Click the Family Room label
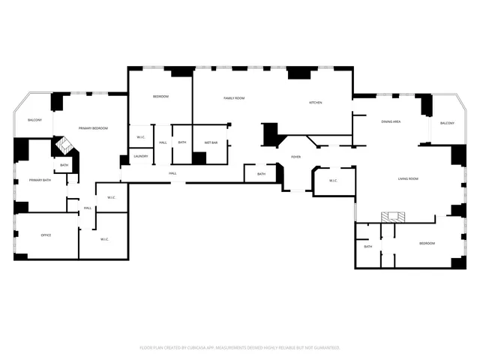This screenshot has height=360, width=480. pyautogui.click(x=234, y=98)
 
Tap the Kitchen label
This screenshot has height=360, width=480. pyautogui.click(x=316, y=103)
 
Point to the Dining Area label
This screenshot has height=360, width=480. pyautogui.click(x=391, y=121)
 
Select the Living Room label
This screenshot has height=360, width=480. pyautogui.click(x=408, y=178)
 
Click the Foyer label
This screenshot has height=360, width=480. pyautogui.click(x=296, y=156)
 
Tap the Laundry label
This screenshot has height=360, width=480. pyautogui.click(x=140, y=157)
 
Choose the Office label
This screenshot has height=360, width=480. pyautogui.click(x=46, y=235)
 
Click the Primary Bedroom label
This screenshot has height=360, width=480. pyautogui.click(x=94, y=129)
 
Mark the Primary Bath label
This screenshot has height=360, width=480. pyautogui.click(x=40, y=180)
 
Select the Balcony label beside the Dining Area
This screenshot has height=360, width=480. pyautogui.click(x=447, y=123)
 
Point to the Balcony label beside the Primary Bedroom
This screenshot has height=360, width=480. pyautogui.click(x=34, y=120)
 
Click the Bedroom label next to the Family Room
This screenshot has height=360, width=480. pyautogui.click(x=160, y=97)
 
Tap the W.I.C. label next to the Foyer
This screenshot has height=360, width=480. pyautogui.click(x=333, y=180)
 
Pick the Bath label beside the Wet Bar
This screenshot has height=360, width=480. pyautogui.click(x=182, y=142)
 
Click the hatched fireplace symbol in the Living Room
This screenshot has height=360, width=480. pyautogui.click(x=390, y=216)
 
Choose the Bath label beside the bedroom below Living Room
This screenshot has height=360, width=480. pyautogui.click(x=368, y=247)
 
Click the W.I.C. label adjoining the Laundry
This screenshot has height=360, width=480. pyautogui.click(x=140, y=136)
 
